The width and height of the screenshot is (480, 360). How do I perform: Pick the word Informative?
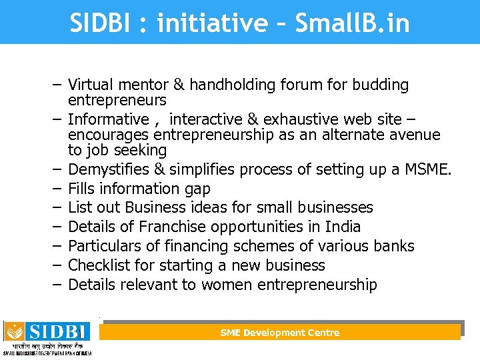109,119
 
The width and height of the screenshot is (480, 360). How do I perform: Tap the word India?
343,227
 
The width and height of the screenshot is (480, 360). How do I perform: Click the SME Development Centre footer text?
280,333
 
